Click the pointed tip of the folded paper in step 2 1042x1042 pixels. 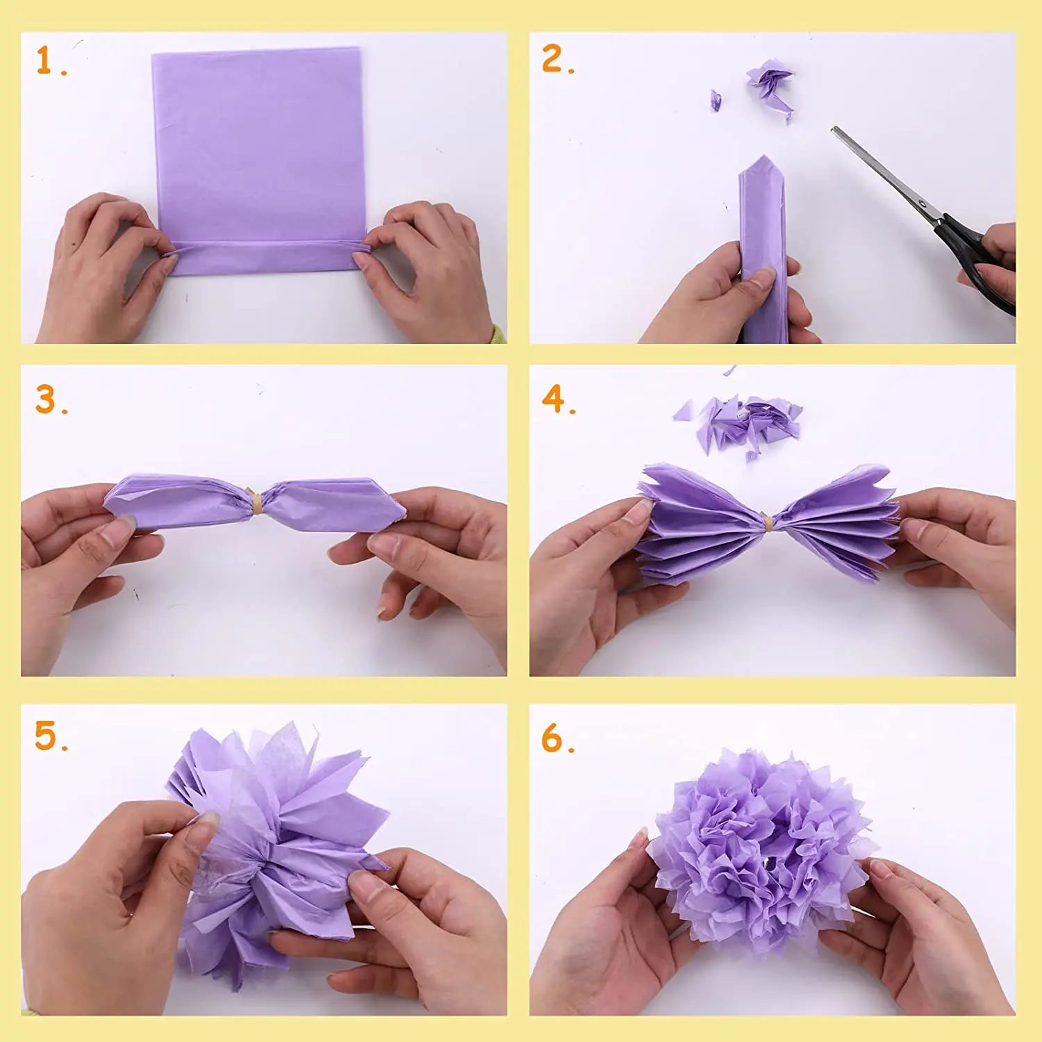click(x=763, y=156)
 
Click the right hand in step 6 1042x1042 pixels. click(x=917, y=934)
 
